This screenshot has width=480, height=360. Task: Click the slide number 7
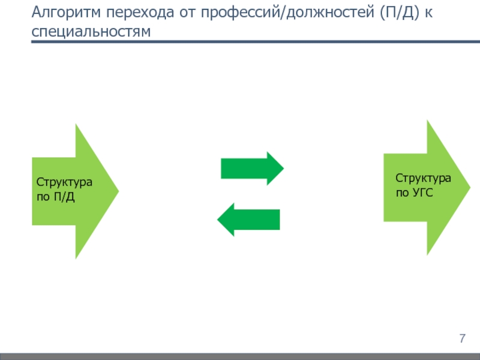tap(463, 338)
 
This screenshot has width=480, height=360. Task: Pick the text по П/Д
tap(56, 196)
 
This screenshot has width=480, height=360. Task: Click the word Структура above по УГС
tap(422, 178)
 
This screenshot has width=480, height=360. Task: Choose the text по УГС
tap(414, 193)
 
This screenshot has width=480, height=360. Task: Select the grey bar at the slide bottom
tap(240, 356)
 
